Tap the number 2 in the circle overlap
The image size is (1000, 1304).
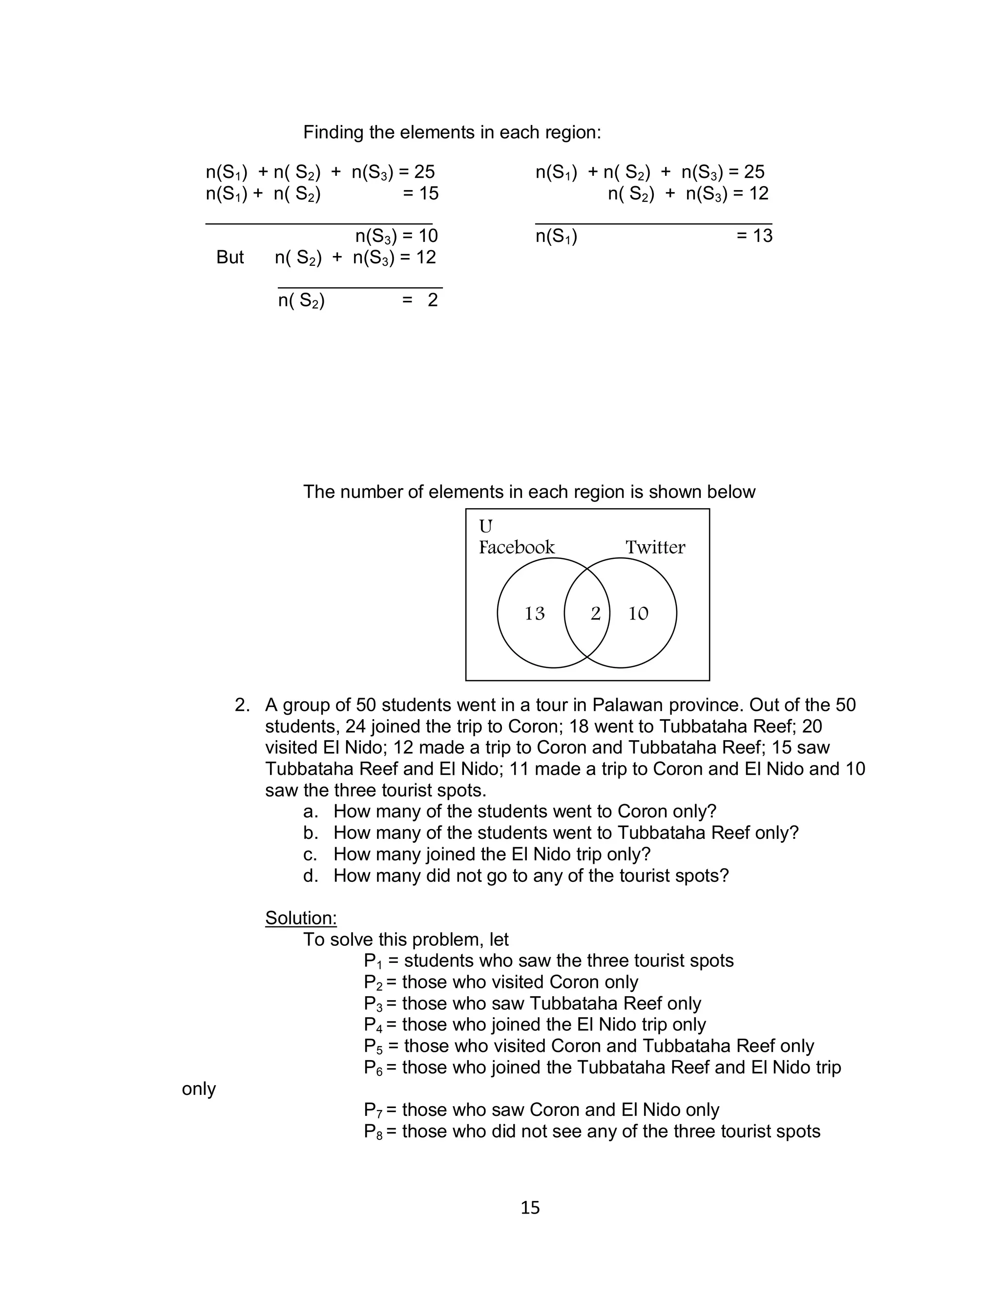tap(595, 613)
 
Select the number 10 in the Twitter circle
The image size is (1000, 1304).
tap(638, 613)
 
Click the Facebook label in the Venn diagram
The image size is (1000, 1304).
tap(516, 547)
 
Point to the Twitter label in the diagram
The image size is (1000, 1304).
tap(655, 547)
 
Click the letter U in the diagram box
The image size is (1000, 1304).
tap(486, 526)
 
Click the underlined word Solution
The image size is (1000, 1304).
tap(301, 918)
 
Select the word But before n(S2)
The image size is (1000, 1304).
tap(230, 257)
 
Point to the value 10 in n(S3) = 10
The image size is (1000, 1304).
tap(427, 236)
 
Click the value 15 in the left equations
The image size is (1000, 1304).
tap(428, 193)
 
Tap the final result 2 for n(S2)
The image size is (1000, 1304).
tap(433, 300)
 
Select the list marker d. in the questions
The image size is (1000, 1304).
tap(310, 876)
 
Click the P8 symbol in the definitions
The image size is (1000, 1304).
tap(373, 1132)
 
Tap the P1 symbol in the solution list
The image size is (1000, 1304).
tap(373, 961)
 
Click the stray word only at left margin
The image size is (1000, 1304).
tap(199, 1089)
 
